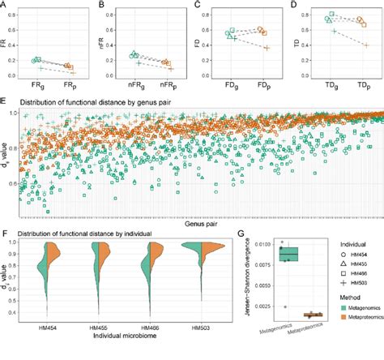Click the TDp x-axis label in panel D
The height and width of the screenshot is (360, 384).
coord(361,84)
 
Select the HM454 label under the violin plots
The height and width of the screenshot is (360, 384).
coord(47,328)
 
